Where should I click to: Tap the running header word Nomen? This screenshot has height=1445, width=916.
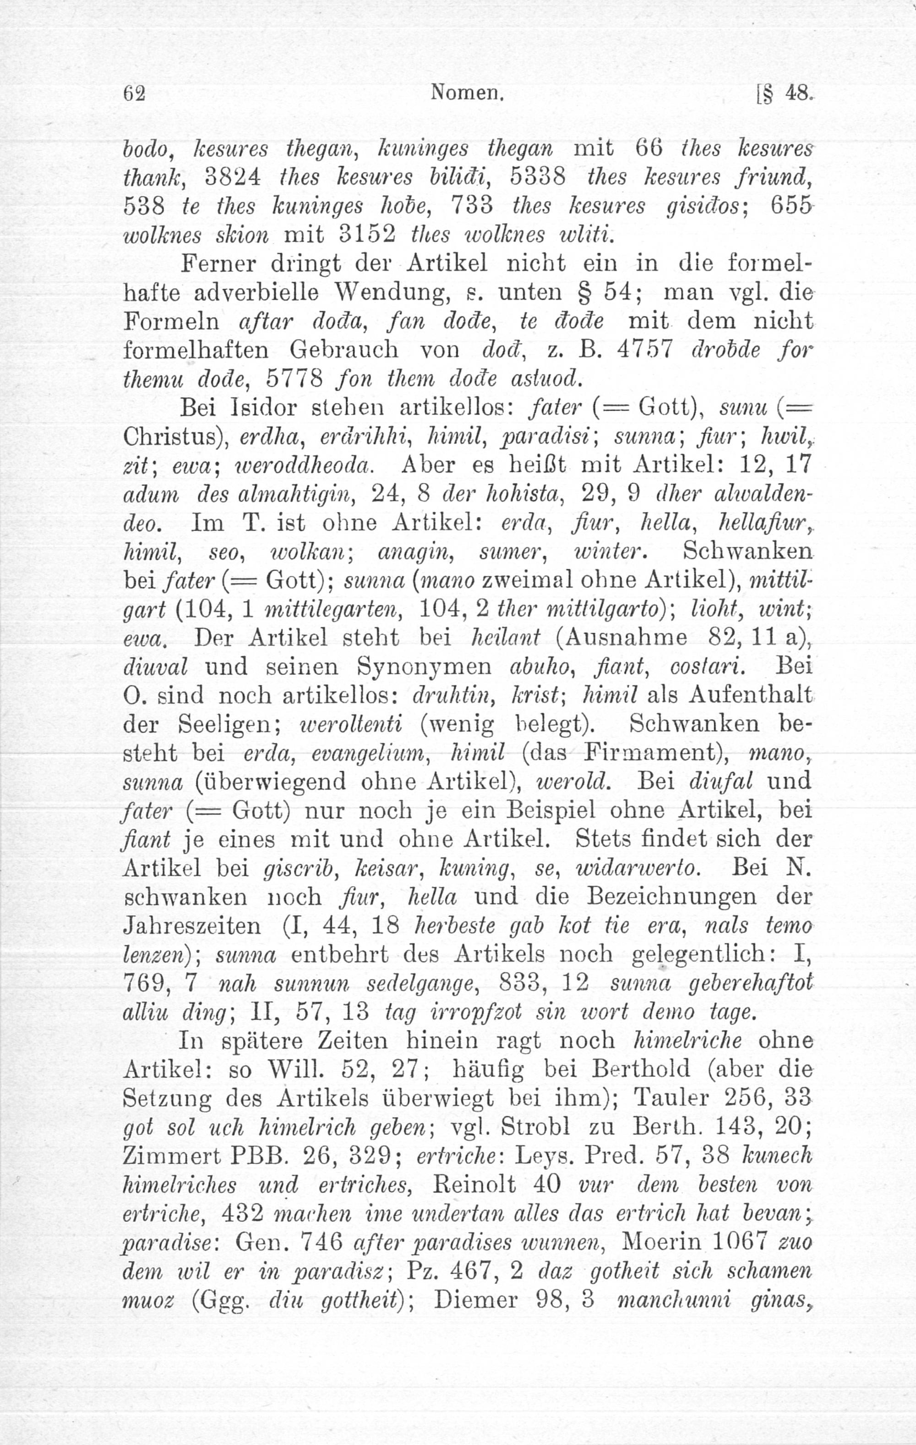(466, 93)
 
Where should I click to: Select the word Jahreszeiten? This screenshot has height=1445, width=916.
(192, 926)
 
